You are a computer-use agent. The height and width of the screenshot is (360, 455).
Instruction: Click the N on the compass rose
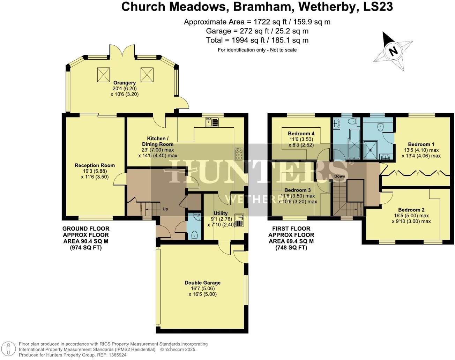[x=394, y=51]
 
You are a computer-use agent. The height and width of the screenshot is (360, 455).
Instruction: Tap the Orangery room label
[x=124, y=83]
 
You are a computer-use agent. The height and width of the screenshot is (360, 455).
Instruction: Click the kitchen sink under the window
[x=212, y=122]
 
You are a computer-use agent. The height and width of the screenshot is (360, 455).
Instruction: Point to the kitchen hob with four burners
[x=239, y=153]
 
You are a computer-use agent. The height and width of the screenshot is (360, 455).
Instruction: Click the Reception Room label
[x=95, y=165]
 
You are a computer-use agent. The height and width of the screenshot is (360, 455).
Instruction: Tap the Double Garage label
[x=202, y=283]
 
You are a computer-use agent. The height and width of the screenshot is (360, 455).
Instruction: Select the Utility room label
[x=221, y=213]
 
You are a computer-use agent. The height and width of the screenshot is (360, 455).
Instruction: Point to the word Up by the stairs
[x=165, y=209]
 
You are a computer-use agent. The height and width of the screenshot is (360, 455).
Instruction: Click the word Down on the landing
[x=340, y=176]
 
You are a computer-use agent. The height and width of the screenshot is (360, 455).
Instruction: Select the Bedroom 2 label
[x=411, y=210]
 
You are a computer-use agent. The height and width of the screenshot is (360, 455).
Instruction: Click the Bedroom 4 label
[x=301, y=133]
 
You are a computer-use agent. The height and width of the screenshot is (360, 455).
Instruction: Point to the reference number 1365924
[x=115, y=355]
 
